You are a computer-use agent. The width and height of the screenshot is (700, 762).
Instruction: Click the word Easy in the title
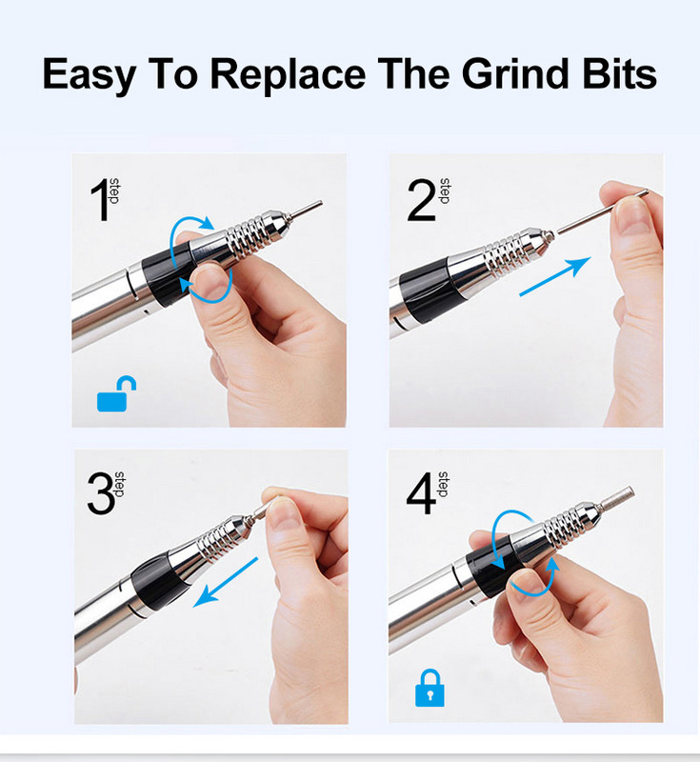pyautogui.click(x=89, y=75)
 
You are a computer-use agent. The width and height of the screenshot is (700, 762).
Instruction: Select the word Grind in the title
pyautogui.click(x=515, y=74)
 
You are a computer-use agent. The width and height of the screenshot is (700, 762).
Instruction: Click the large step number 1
pyautogui.click(x=100, y=200)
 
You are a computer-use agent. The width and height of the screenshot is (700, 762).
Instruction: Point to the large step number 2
pyautogui.click(x=421, y=200)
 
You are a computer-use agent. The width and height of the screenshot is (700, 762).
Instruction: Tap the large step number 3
pyautogui.click(x=102, y=493)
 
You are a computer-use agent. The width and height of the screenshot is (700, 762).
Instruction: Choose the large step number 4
pyautogui.click(x=421, y=493)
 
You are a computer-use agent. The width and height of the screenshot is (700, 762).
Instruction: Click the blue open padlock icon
pyautogui.click(x=116, y=394)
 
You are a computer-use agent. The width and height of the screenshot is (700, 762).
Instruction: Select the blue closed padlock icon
pyautogui.click(x=430, y=688)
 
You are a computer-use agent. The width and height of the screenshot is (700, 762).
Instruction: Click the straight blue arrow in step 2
pyautogui.click(x=554, y=276)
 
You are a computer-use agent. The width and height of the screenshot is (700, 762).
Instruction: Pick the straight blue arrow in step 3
pyautogui.click(x=226, y=582)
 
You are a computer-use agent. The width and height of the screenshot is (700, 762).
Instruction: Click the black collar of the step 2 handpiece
pyautogui.click(x=425, y=291)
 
